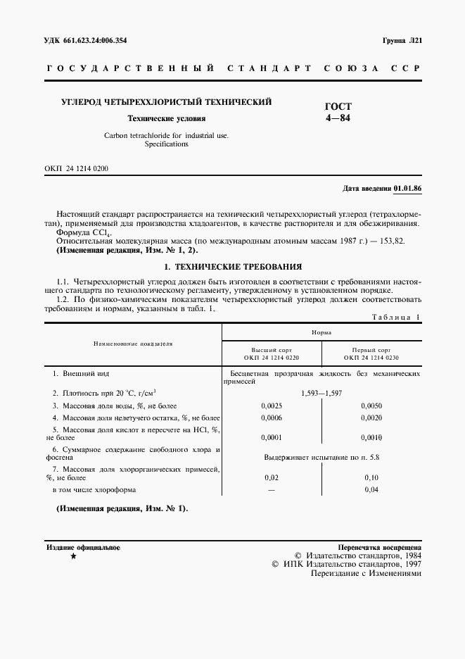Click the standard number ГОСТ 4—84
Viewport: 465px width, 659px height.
pos(337,112)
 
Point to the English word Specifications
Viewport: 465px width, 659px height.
pos(166,144)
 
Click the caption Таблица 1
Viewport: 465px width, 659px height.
pos(396,318)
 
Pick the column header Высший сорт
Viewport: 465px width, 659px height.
pos(272,350)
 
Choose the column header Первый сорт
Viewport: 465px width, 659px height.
pos(371,350)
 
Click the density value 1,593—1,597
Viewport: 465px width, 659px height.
pos(321,393)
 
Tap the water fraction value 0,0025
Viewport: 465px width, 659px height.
pos(272,406)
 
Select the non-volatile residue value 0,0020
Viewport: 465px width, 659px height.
pos(371,418)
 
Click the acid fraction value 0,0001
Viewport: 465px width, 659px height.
pos(272,437)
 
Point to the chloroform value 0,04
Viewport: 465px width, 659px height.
pos(371,490)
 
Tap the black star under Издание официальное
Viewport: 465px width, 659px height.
pos(73,557)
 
